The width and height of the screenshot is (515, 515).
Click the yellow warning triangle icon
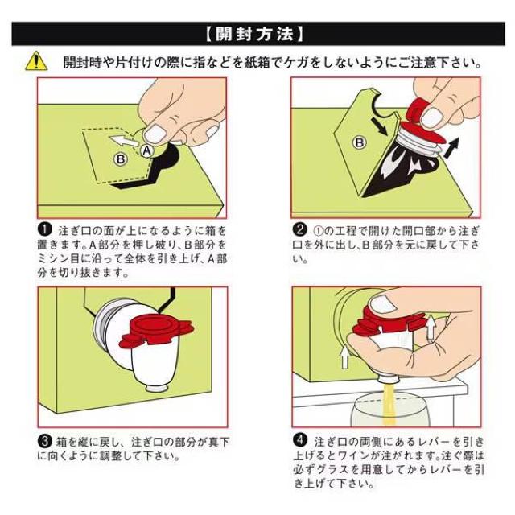coord(36,61)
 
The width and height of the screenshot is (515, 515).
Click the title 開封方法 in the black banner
coord(255,34)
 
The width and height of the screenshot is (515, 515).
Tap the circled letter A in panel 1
coord(146,150)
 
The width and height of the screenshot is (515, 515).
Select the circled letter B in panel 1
coord(121,159)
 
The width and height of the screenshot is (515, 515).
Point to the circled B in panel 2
coord(360,143)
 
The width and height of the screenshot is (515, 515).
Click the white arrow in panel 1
coord(124,141)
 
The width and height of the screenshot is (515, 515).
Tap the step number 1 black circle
coord(45,229)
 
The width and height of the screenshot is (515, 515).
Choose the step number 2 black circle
coord(299,229)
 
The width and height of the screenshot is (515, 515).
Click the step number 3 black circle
coord(45,441)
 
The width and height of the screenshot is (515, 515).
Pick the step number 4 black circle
coord(300,440)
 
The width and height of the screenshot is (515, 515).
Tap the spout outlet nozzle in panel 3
coord(156,388)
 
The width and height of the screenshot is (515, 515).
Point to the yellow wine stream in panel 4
coord(389,405)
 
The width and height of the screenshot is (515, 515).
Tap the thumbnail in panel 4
coord(384,304)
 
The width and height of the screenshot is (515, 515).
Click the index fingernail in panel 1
coord(155,134)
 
